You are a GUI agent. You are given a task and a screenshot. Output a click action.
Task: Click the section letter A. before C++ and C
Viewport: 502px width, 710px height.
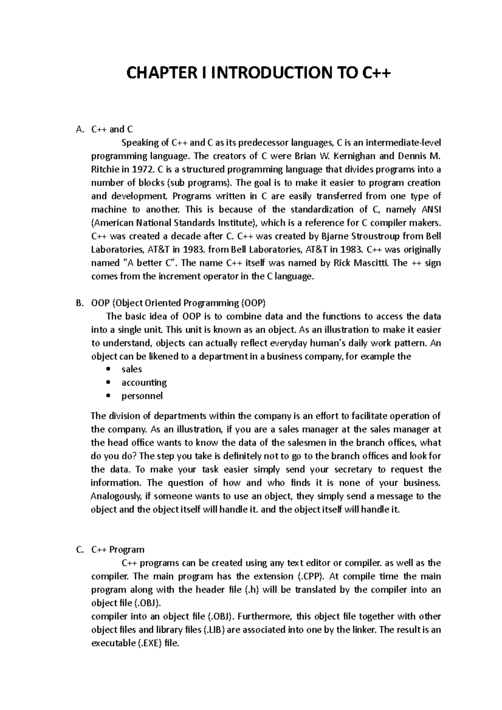tap(81, 129)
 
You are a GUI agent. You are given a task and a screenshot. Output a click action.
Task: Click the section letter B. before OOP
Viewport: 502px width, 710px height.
tap(81, 303)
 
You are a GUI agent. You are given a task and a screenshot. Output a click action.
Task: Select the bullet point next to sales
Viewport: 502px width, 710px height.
tap(109, 370)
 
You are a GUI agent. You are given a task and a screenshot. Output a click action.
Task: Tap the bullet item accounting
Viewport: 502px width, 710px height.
tap(144, 383)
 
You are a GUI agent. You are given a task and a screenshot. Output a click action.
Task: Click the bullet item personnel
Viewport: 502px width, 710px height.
tap(142, 396)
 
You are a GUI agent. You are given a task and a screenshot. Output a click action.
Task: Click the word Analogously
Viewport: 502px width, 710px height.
tap(115, 496)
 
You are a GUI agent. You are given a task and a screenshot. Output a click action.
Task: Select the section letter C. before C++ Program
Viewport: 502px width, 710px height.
tap(81, 550)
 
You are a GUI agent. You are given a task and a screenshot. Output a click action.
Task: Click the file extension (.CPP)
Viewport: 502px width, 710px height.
tap(310, 577)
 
